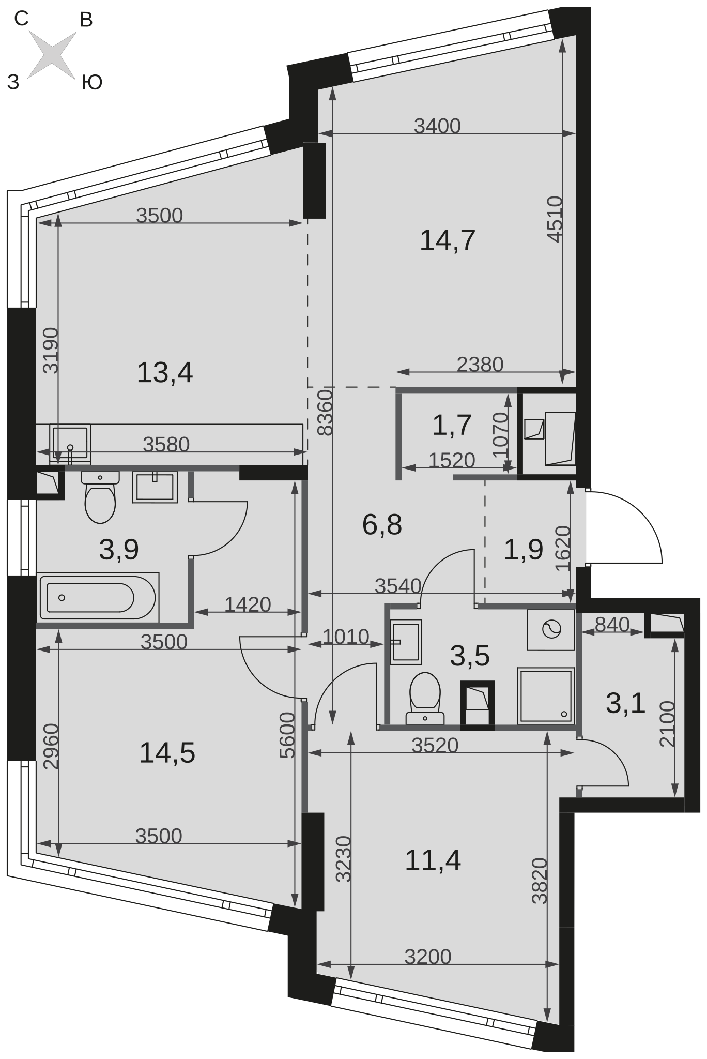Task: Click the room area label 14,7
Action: pos(447,240)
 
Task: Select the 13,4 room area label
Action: pos(164,373)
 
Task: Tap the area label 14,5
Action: pos(167,753)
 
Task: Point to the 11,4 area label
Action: pos(433,860)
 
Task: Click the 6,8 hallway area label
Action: pos(382,525)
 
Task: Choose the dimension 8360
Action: pos(325,413)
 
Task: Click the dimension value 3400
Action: pos(437,126)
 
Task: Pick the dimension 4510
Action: pos(555,219)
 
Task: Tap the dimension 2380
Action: pos(480,365)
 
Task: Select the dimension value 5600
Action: pos(287,735)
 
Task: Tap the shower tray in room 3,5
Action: pos(546,695)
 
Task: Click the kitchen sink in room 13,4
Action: pos(70,444)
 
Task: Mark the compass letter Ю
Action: pos(92,82)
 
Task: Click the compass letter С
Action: pos(21,19)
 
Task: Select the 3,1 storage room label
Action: pos(625,703)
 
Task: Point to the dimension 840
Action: pos(612,625)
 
